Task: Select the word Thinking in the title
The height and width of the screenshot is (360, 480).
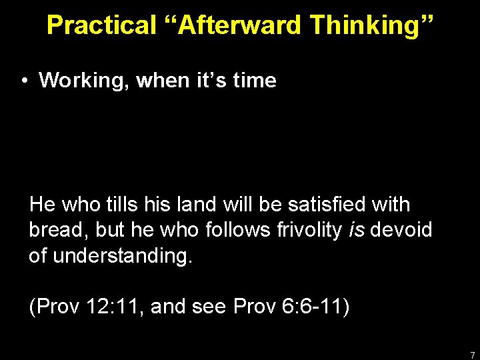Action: click(x=372, y=25)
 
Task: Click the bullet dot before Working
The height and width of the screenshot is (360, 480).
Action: click(x=23, y=81)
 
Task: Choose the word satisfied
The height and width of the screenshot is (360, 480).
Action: click(x=328, y=205)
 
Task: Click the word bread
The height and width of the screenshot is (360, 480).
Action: click(x=57, y=230)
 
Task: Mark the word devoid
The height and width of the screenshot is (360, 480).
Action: click(x=402, y=230)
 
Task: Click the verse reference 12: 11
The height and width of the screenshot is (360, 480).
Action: click(x=111, y=307)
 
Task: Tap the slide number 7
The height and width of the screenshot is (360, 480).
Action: click(x=472, y=354)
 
